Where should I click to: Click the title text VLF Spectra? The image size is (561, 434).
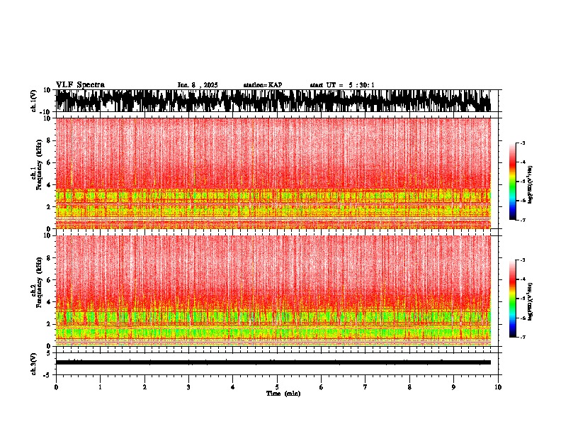click(x=80, y=85)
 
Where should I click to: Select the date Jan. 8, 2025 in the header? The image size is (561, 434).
click(x=198, y=85)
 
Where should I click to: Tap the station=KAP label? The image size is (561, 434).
click(x=263, y=85)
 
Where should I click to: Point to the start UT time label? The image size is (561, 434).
click(x=342, y=85)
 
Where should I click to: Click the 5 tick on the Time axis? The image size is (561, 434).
click(x=277, y=387)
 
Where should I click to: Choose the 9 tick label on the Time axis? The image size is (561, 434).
click(x=454, y=387)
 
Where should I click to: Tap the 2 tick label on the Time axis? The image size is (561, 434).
click(x=144, y=387)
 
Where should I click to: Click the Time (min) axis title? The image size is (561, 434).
click(x=283, y=394)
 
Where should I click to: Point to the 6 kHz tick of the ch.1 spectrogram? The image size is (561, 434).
click(x=50, y=163)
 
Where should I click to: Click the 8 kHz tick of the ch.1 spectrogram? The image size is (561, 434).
click(x=50, y=141)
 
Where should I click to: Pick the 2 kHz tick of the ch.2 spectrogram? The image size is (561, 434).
click(x=50, y=324)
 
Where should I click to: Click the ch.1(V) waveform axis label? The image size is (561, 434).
click(x=34, y=101)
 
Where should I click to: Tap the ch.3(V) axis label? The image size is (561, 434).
click(x=34, y=362)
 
